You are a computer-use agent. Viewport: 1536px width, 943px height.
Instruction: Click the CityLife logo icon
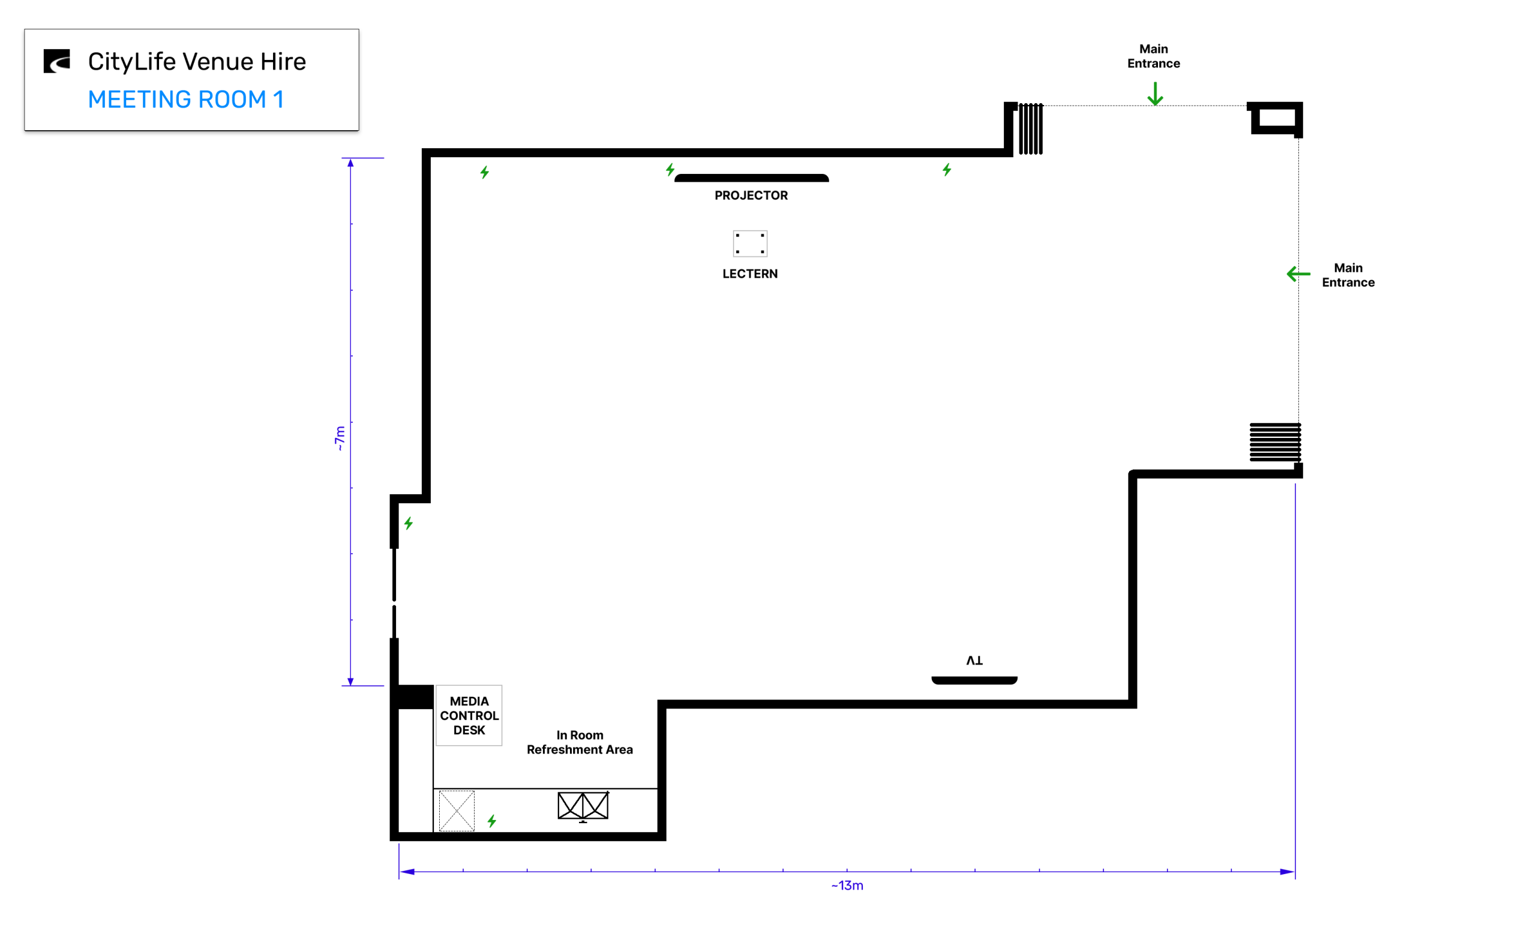click(57, 61)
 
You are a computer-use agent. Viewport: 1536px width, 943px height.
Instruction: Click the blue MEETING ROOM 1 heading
click(186, 100)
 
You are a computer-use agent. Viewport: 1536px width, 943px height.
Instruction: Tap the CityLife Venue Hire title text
click(197, 62)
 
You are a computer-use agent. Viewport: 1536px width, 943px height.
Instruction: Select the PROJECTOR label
click(751, 195)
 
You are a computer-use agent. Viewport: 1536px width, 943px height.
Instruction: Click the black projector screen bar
click(751, 178)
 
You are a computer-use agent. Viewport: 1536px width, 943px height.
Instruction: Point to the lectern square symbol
click(749, 243)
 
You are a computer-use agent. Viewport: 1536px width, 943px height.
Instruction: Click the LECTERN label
click(749, 274)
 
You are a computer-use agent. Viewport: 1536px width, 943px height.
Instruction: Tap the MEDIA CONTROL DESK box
click(469, 716)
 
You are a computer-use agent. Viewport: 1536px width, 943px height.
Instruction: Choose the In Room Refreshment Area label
click(580, 742)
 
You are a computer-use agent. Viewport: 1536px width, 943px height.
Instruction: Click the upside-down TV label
click(974, 660)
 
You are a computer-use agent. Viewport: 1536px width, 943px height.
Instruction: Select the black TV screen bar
click(974, 680)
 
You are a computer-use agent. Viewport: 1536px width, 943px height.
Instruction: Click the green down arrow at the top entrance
click(1155, 94)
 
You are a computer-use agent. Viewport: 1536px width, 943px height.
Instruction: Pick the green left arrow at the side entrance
click(1298, 274)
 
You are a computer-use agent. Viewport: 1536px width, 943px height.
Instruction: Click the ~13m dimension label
click(847, 885)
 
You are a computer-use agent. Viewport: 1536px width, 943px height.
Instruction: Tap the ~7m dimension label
click(339, 438)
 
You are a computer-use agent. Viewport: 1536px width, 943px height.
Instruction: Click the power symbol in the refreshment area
click(492, 821)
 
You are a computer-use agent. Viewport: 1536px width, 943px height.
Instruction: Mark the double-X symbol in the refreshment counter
click(583, 806)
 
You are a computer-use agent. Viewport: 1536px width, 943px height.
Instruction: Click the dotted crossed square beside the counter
click(457, 811)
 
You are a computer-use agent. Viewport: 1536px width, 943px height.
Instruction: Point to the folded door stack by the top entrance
click(1031, 128)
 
